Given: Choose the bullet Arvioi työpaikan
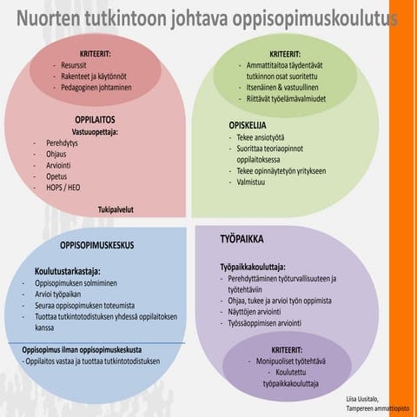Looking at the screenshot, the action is tap(65, 293).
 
